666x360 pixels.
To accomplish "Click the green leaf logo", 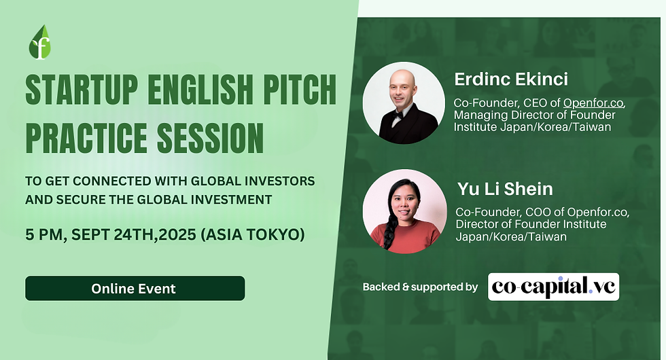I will click(x=40, y=43).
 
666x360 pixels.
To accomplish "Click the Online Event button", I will click(x=135, y=288).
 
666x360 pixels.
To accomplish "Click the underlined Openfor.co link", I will click(x=593, y=103).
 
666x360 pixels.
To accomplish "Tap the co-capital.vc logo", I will click(x=553, y=287).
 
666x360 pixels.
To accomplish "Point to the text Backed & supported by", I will click(x=420, y=287).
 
